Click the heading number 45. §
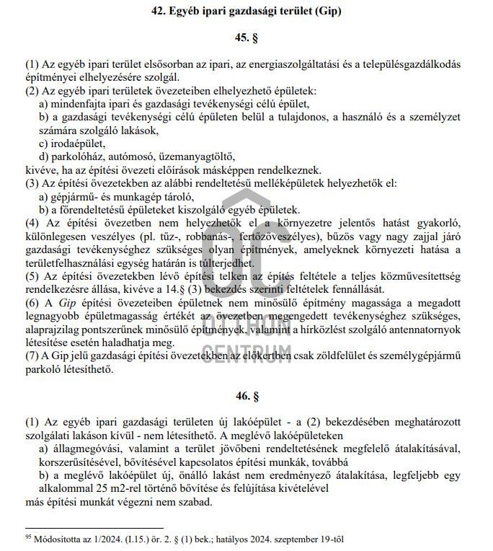246,37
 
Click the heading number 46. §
246,395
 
